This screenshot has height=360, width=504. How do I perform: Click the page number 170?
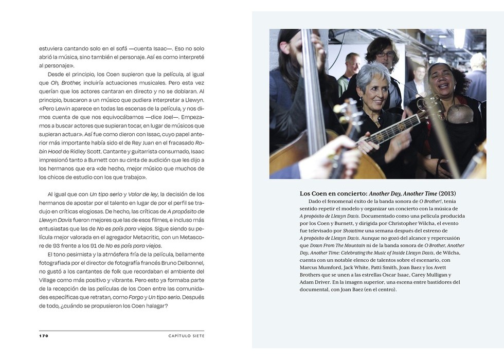coord(44,336)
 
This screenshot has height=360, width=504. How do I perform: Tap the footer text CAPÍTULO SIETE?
coord(186,336)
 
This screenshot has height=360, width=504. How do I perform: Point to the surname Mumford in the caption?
coord(338,267)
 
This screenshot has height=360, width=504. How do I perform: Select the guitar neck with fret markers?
coord(393,128)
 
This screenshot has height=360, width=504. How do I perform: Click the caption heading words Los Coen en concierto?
coord(333,193)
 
